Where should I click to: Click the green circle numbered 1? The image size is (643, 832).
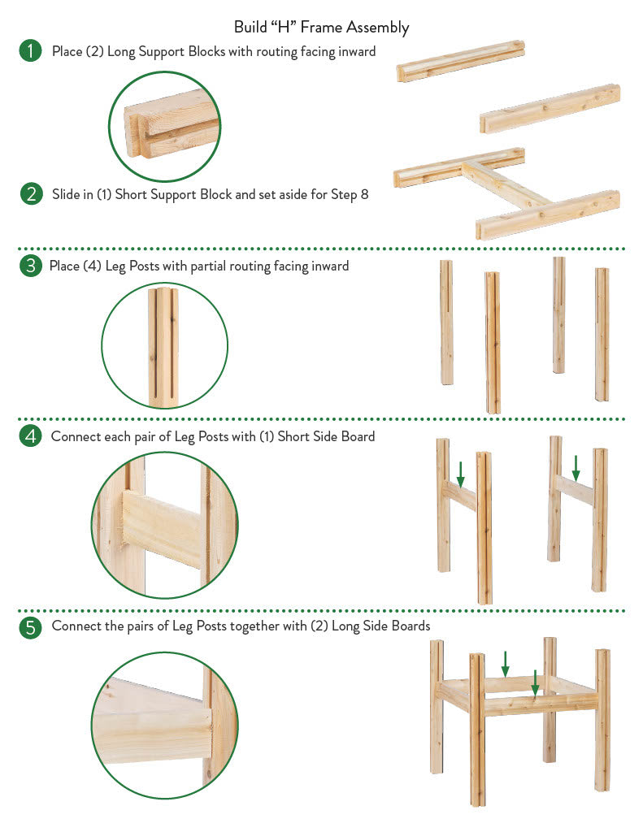click(30, 51)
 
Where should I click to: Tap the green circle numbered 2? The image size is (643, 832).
click(32, 194)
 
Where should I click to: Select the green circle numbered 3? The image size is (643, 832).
click(30, 266)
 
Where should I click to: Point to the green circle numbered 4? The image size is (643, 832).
click(30, 436)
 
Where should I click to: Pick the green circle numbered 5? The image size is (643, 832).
click(30, 627)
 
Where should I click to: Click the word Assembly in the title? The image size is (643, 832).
click(377, 28)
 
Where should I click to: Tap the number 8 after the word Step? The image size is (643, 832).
click(364, 194)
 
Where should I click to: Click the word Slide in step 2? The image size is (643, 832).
click(66, 194)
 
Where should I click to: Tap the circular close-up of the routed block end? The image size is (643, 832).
click(165, 127)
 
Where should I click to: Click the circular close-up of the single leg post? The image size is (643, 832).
click(164, 345)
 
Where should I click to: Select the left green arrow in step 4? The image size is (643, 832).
click(460, 474)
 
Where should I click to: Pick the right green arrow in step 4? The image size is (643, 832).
click(576, 468)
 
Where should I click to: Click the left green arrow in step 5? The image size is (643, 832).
click(505, 664)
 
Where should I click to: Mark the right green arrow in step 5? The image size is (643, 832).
click(535, 682)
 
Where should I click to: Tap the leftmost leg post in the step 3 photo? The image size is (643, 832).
click(446, 322)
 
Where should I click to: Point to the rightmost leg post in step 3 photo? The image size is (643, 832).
click(602, 334)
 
